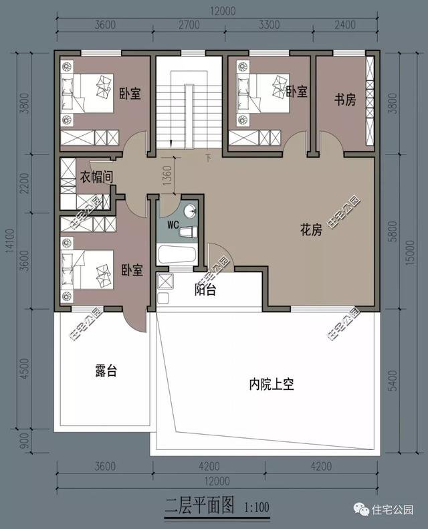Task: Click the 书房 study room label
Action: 344,100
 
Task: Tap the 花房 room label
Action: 312,230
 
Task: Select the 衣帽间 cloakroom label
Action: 97,177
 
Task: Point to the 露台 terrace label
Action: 106,371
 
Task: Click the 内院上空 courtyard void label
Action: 272,385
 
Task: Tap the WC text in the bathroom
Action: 172,225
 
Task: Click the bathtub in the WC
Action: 177,254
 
